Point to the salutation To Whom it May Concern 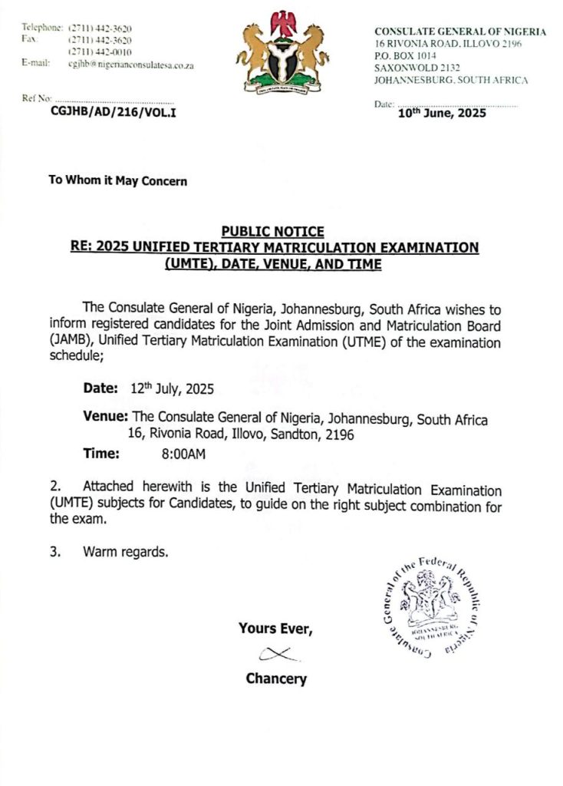(x=117, y=181)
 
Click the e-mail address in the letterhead (x=130, y=65)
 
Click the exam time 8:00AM (x=183, y=454)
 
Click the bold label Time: (x=101, y=454)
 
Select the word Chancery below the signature (x=276, y=679)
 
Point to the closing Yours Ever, (x=275, y=629)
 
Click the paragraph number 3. (x=55, y=551)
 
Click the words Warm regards (x=125, y=551)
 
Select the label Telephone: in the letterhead (x=42, y=28)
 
